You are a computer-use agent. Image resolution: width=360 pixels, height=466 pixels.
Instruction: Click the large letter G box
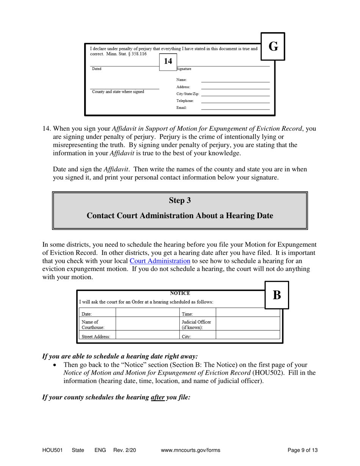click(273, 47)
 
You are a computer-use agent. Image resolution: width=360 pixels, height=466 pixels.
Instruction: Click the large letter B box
click(277, 295)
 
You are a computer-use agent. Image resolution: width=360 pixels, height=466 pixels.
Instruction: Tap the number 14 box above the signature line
click(168, 61)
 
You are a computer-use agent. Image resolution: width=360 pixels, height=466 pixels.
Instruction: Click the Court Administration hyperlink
click(160, 261)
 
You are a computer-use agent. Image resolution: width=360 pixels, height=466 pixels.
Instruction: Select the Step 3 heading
click(180, 200)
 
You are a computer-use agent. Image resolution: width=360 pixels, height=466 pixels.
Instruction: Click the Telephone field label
click(185, 101)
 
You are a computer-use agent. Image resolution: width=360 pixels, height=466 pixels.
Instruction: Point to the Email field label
click(182, 108)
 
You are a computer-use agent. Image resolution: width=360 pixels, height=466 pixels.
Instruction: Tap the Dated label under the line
click(97, 69)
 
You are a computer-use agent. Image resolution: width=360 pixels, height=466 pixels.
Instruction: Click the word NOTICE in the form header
click(180, 293)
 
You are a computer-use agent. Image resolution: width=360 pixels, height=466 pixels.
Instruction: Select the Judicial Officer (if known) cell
click(196, 324)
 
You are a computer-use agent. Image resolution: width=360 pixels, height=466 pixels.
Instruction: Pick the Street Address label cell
click(96, 336)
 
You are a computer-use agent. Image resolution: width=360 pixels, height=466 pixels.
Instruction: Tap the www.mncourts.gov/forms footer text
click(191, 450)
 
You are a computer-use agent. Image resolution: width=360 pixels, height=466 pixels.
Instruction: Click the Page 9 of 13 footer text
click(302, 450)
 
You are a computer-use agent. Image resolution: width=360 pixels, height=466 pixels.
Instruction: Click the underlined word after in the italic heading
click(158, 397)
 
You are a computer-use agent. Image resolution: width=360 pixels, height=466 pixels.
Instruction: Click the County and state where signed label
click(118, 92)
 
